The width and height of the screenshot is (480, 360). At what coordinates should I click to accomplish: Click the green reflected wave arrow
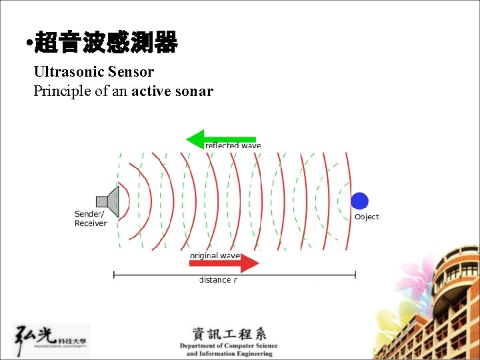pyautogui.click(x=219, y=139)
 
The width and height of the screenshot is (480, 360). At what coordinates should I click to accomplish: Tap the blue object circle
pyautogui.click(x=359, y=201)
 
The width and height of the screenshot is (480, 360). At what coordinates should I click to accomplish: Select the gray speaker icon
pyautogui.click(x=109, y=201)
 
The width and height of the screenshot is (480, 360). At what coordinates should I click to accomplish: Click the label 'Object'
pyautogui.click(x=367, y=217)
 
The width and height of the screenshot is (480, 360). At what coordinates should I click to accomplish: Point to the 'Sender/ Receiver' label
pyautogui.click(x=90, y=219)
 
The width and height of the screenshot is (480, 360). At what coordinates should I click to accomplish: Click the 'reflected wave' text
pyautogui.click(x=233, y=145)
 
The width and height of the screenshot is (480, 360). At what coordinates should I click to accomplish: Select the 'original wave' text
pyautogui.click(x=215, y=255)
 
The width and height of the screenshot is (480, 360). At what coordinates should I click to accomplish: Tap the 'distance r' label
pyautogui.click(x=219, y=280)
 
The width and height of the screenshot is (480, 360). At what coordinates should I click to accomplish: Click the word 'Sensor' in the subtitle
pyautogui.click(x=131, y=71)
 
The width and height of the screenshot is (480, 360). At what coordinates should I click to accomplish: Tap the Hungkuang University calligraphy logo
pyautogui.click(x=50, y=340)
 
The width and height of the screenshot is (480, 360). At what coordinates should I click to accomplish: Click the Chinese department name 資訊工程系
pyautogui.click(x=229, y=334)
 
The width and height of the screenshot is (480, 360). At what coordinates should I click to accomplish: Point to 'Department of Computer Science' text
pyautogui.click(x=229, y=346)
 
